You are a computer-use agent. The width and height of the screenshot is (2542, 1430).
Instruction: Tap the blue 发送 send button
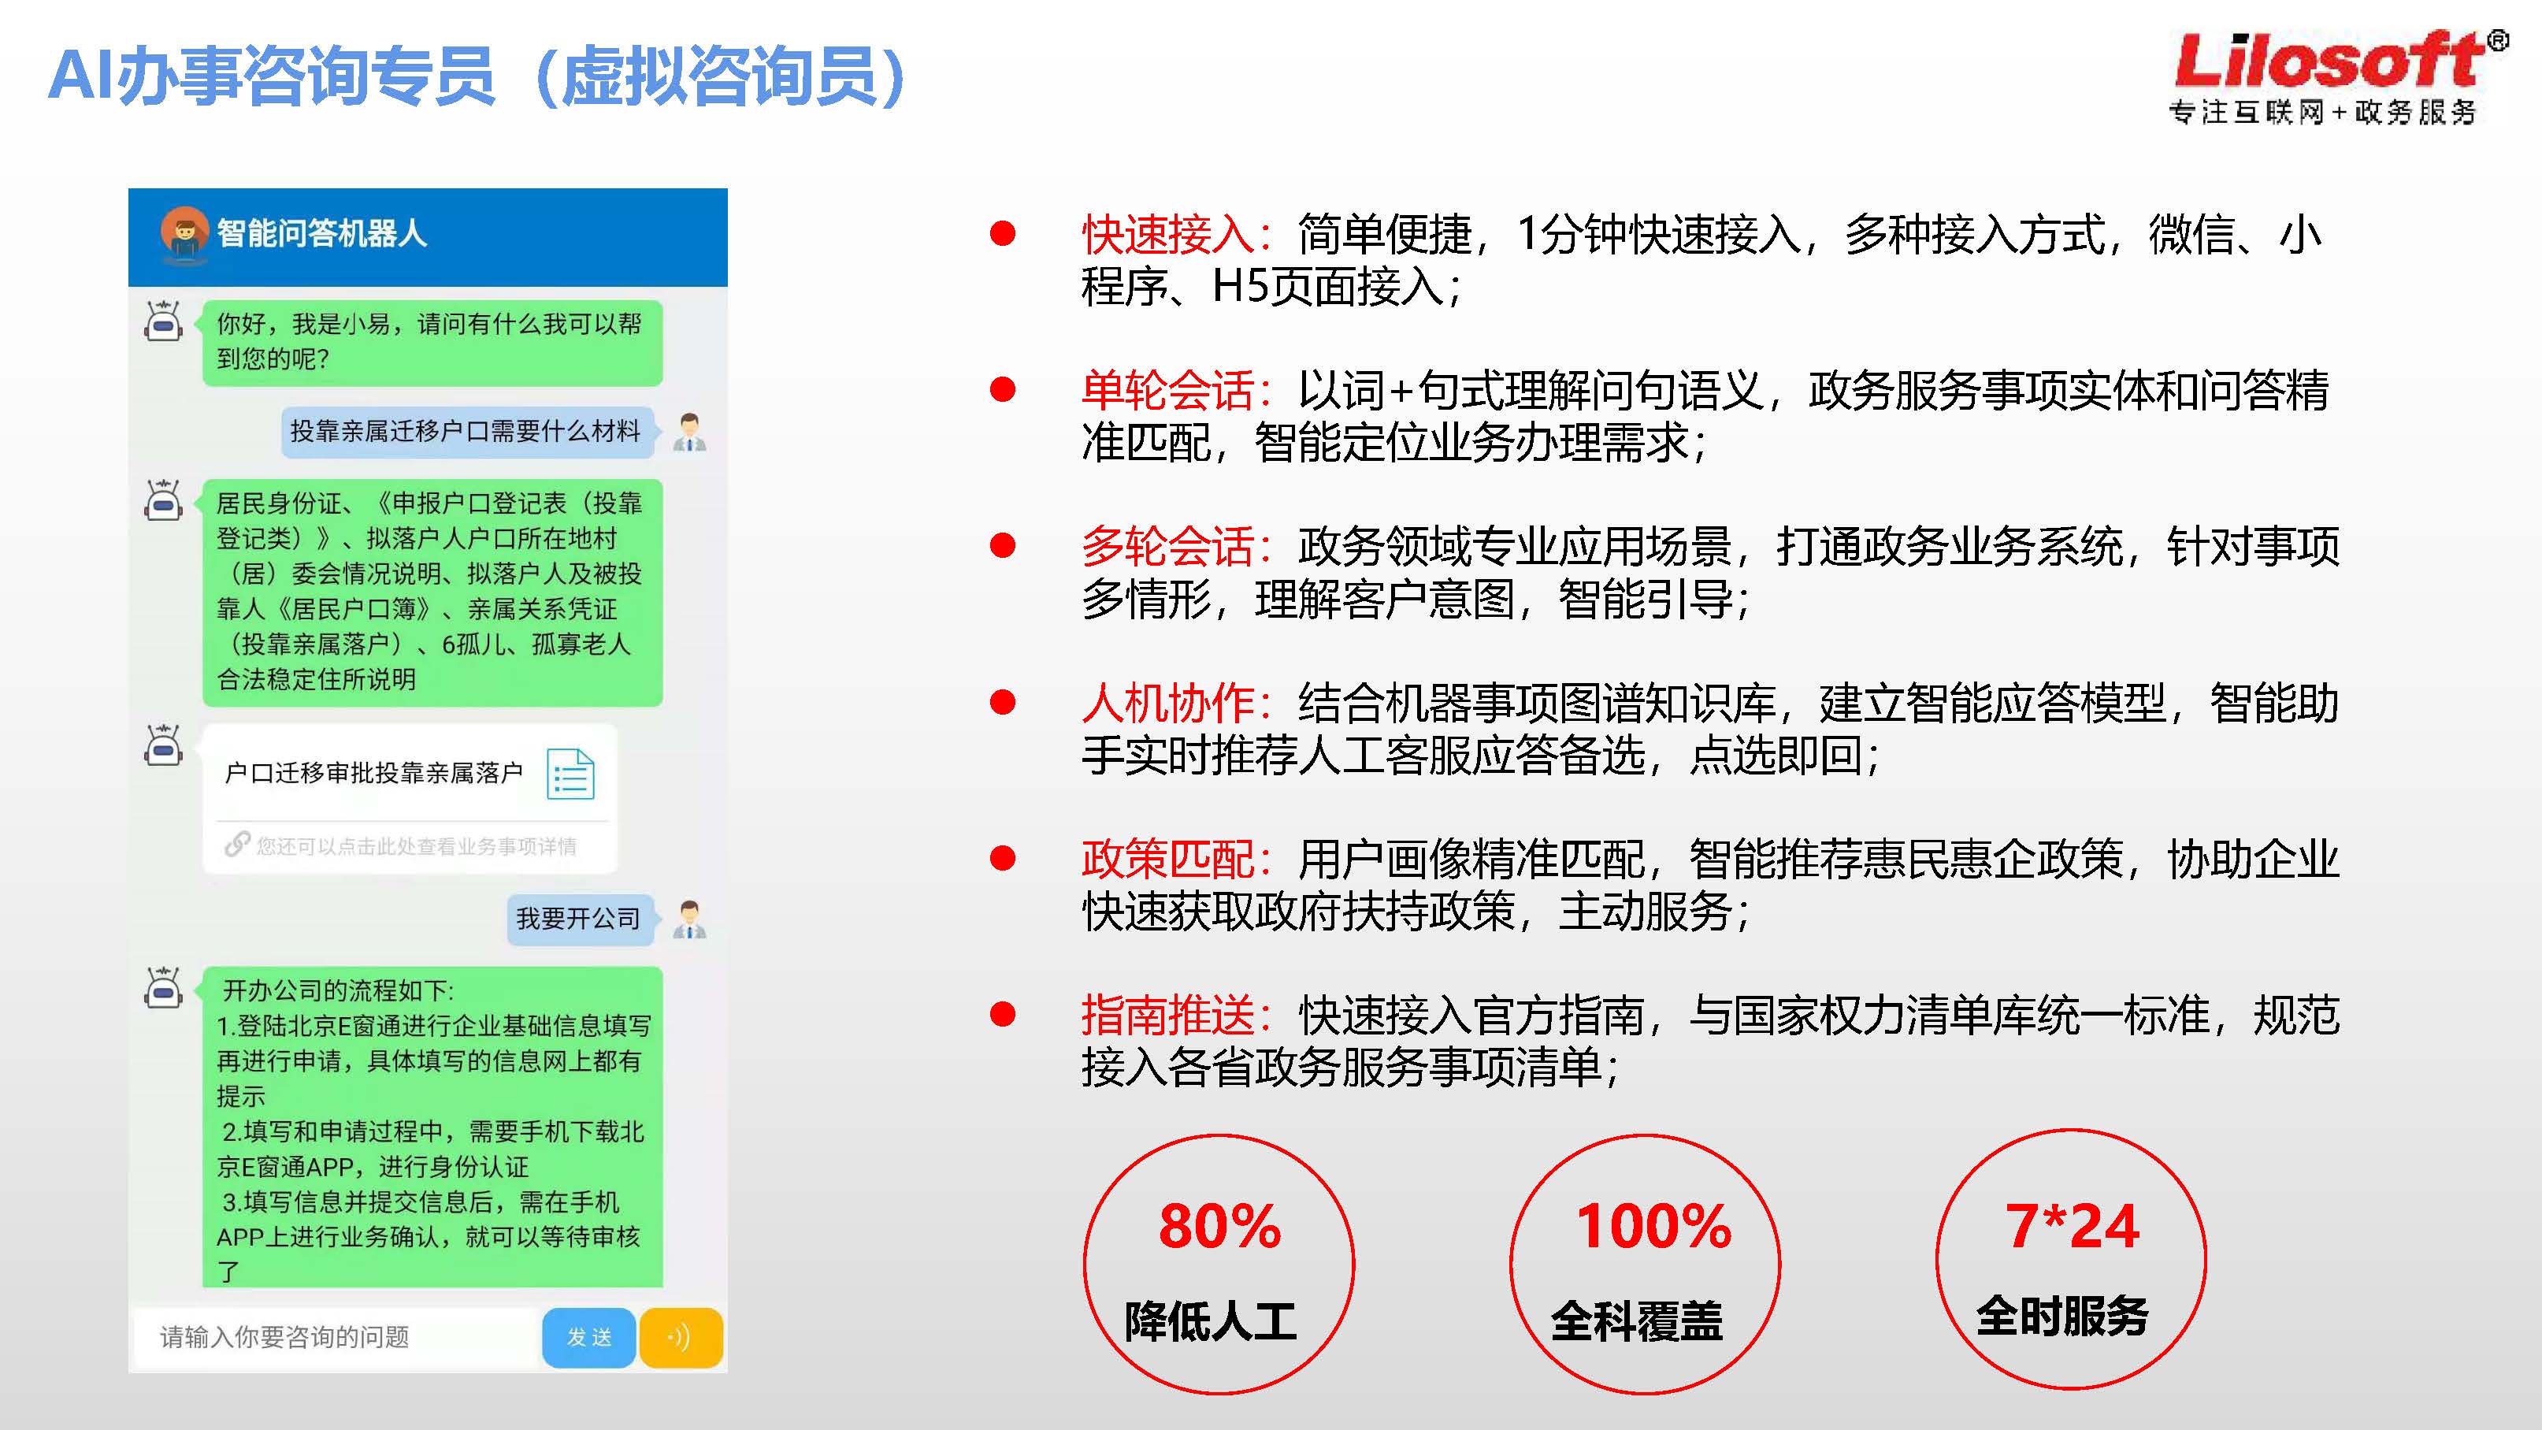pos(588,1337)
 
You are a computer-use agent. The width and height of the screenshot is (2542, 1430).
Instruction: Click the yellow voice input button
pos(681,1337)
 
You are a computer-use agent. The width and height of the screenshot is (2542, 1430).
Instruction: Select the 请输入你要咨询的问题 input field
pos(336,1337)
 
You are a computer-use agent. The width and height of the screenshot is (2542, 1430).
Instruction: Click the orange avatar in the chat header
pos(184,233)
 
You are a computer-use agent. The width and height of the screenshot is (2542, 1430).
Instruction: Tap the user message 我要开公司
pos(579,919)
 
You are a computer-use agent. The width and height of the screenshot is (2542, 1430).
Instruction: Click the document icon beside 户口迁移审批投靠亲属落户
pos(570,774)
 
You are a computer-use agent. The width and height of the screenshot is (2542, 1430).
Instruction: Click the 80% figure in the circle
pos(1219,1227)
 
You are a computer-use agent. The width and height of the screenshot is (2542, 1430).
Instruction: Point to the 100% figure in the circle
pos(1654,1227)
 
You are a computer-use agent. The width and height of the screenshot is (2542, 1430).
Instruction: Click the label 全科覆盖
pos(1637,1321)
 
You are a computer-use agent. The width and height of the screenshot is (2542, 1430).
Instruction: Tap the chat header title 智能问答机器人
pos(321,234)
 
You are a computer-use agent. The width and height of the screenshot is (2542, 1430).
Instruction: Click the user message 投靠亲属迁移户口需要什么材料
pos(466,431)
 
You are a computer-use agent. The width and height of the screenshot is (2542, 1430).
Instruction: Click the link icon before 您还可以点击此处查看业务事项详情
pos(237,845)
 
